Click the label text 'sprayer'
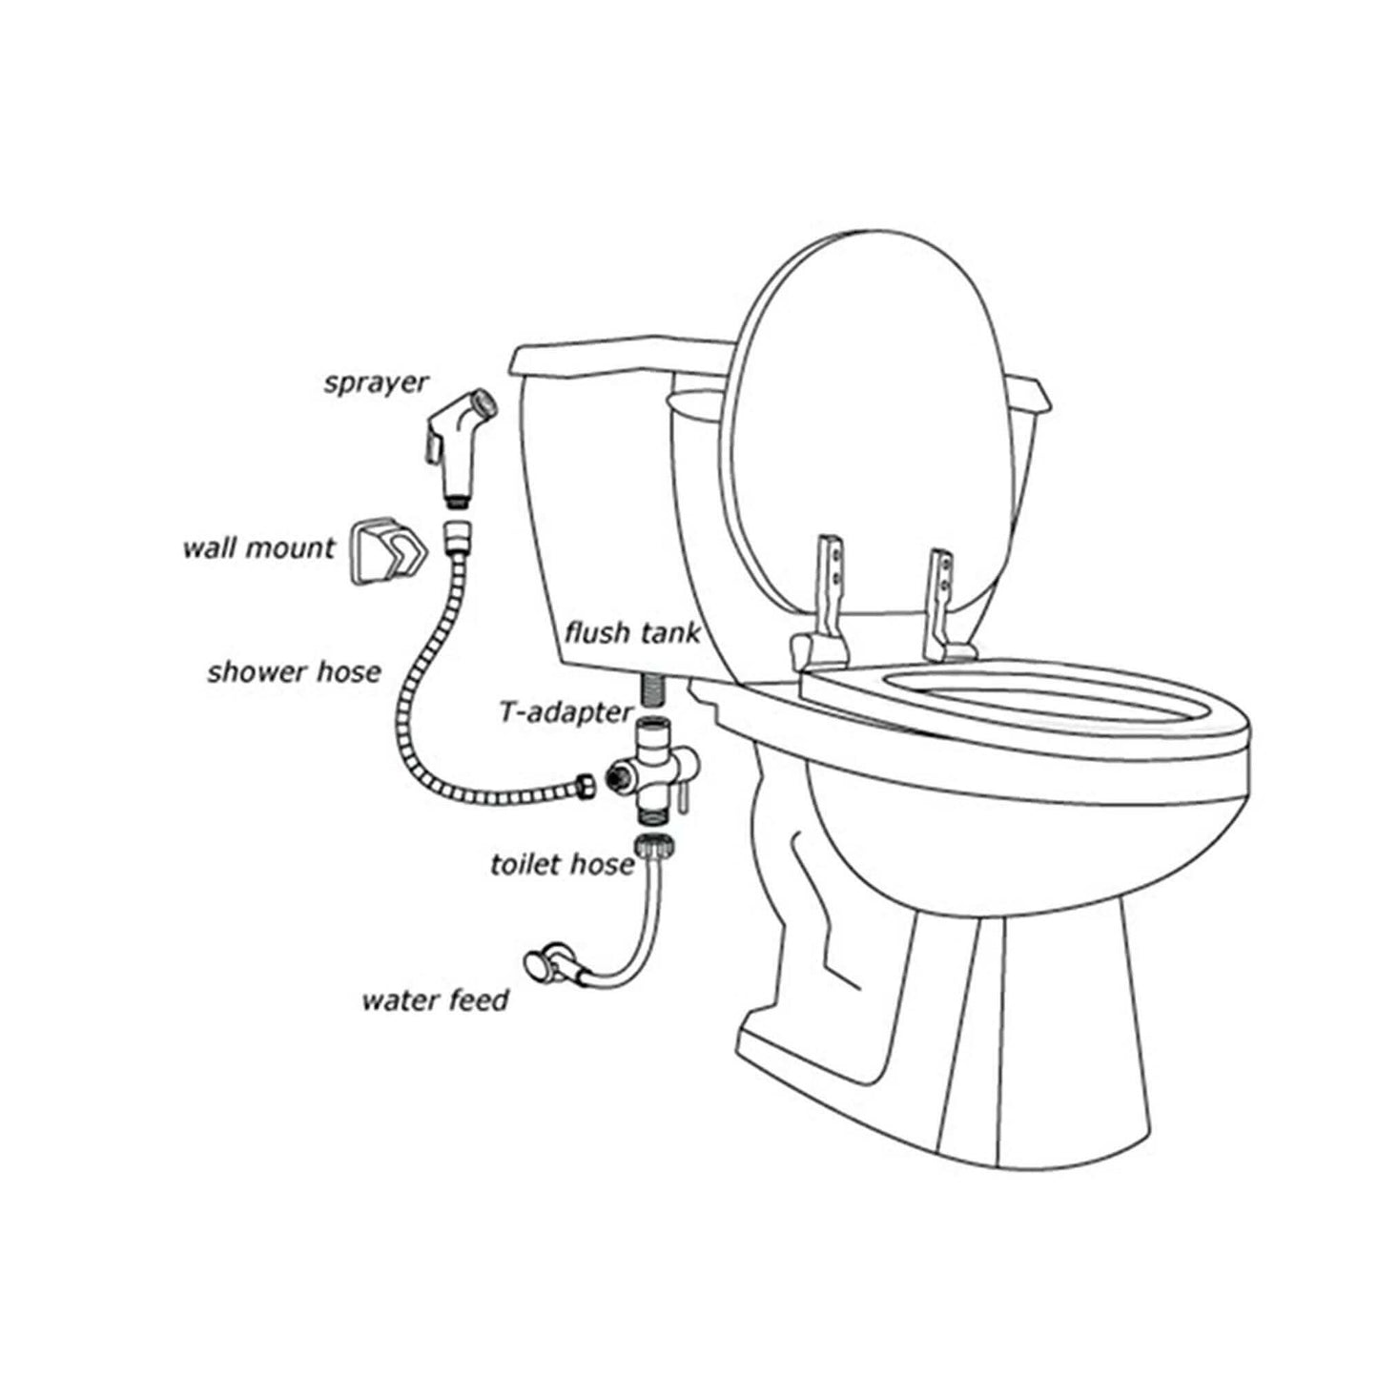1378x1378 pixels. click(377, 384)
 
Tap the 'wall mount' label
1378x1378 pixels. click(258, 549)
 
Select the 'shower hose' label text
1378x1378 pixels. click(294, 671)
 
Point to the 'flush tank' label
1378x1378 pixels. click(632, 632)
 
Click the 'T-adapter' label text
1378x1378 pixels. click(566, 710)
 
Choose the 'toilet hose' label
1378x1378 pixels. click(562, 864)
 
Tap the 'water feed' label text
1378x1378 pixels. click(435, 1000)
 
